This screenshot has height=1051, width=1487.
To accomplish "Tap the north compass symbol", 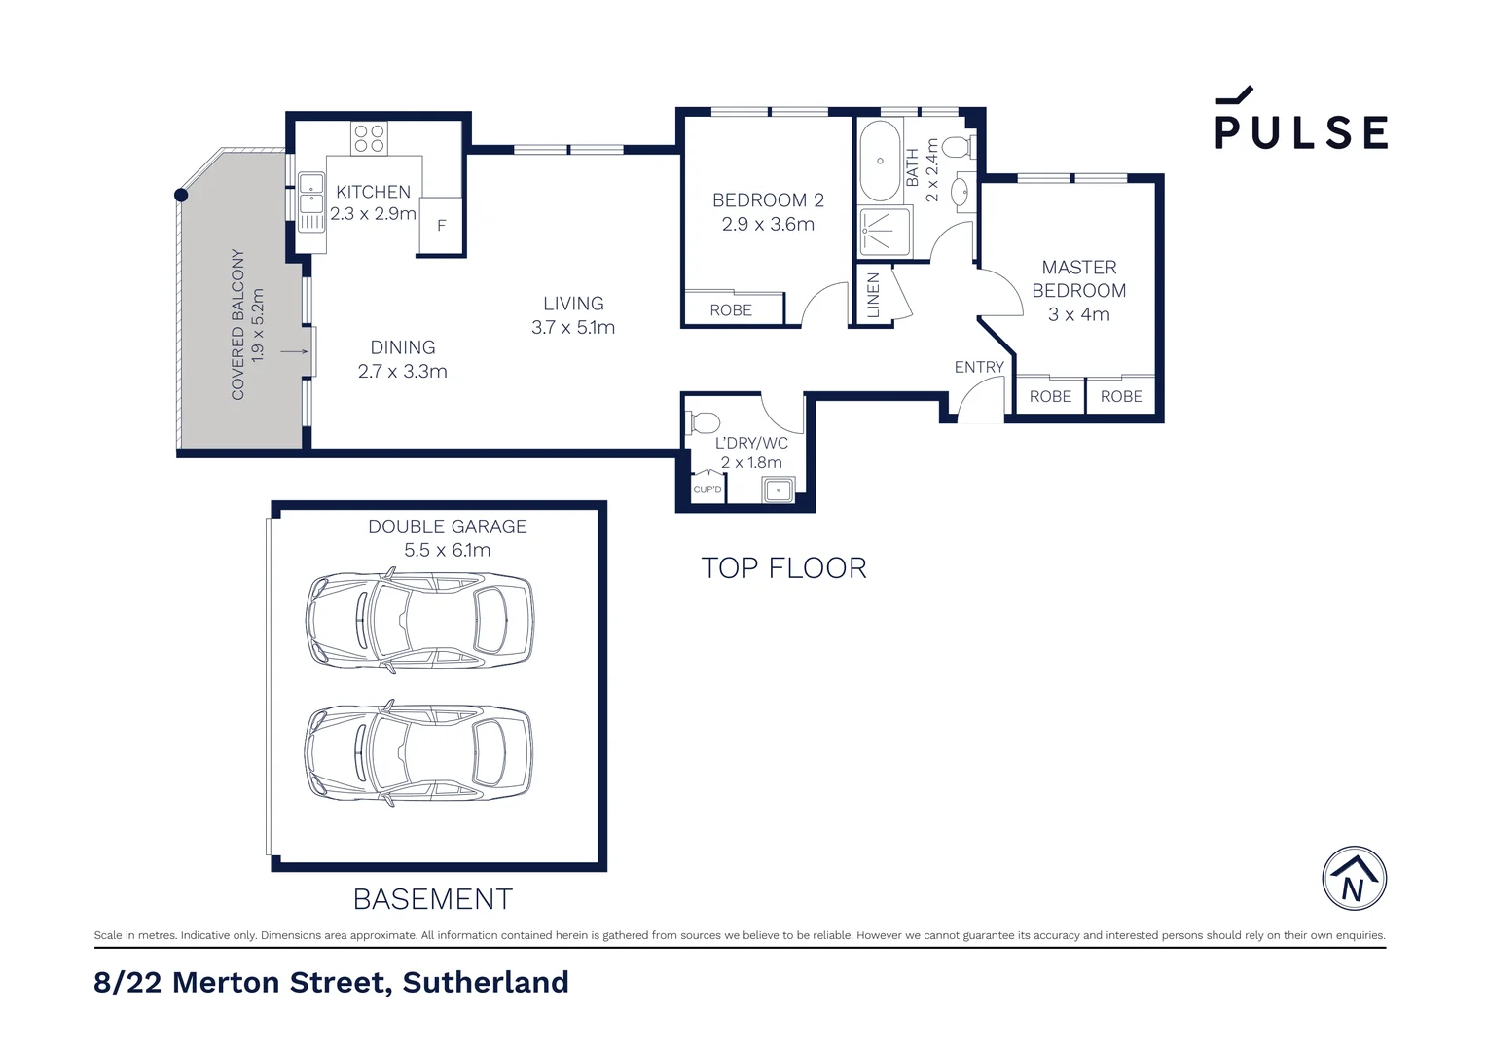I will [1354, 879].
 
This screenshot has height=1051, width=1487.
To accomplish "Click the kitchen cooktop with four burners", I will [369, 138].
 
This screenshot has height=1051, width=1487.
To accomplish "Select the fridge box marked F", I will [441, 226].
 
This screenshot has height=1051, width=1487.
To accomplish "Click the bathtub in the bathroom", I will [880, 161].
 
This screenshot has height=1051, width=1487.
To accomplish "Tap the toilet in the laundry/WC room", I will [703, 422].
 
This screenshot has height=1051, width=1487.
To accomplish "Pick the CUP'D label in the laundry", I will [707, 489].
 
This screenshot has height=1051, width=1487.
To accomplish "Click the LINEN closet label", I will [873, 295].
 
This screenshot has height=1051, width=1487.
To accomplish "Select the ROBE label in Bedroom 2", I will [731, 310].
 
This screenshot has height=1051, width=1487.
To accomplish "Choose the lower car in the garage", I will [419, 751].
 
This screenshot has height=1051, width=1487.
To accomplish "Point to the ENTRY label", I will [979, 367].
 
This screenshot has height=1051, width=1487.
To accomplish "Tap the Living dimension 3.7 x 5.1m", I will [573, 328].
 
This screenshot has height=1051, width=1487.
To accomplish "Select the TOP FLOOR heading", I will [783, 568].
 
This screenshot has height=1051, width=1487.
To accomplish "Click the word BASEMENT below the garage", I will [433, 899].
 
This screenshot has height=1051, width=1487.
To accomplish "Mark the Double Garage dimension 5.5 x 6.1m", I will [448, 551].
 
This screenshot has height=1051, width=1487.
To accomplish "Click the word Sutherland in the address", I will [486, 983].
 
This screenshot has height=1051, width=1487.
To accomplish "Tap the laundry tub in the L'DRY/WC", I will [778, 489].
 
